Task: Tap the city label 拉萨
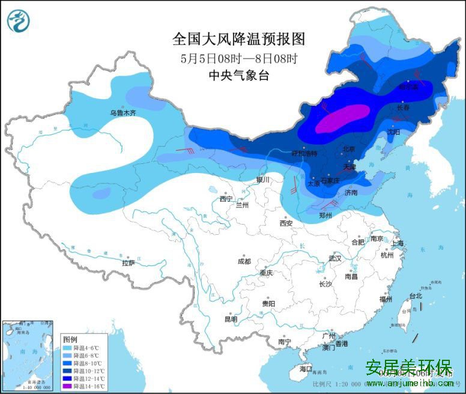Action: [129, 262]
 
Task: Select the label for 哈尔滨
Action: [408, 86]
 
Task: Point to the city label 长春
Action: [404, 108]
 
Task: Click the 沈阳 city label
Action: [393, 131]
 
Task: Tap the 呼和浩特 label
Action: [303, 153]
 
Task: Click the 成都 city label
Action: [244, 261]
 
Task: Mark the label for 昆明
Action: [231, 319]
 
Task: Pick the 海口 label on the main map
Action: [306, 368]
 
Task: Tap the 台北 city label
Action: [416, 295]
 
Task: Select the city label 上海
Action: [396, 243]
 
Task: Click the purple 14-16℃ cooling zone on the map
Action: [342, 118]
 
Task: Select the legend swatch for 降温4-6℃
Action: [67, 348]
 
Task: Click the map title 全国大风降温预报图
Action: [239, 40]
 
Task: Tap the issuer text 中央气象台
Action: [238, 75]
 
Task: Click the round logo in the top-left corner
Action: [18, 21]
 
